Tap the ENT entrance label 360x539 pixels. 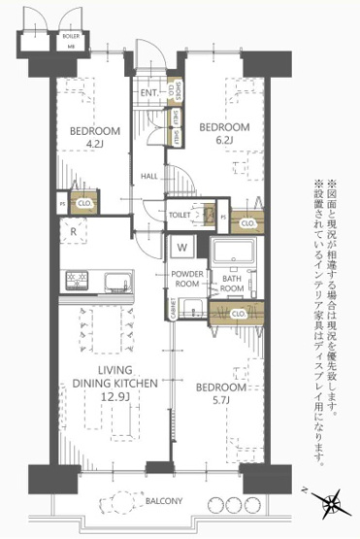148,93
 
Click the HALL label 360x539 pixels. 149,176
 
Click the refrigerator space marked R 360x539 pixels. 74,231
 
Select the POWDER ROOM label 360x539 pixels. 185,281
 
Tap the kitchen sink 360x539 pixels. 116,284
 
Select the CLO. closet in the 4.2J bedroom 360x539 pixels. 84,205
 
